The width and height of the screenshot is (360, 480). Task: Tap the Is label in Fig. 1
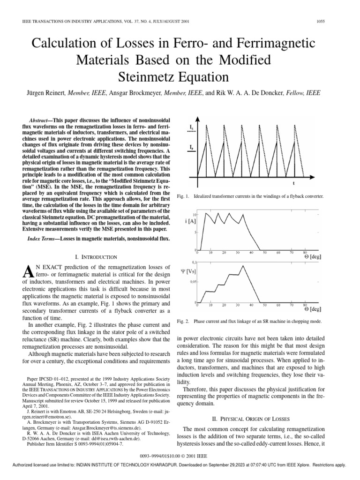pos(192,127)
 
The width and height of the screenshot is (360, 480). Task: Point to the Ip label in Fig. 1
pos(192,148)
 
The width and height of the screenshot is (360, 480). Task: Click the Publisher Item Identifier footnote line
pos(75,443)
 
